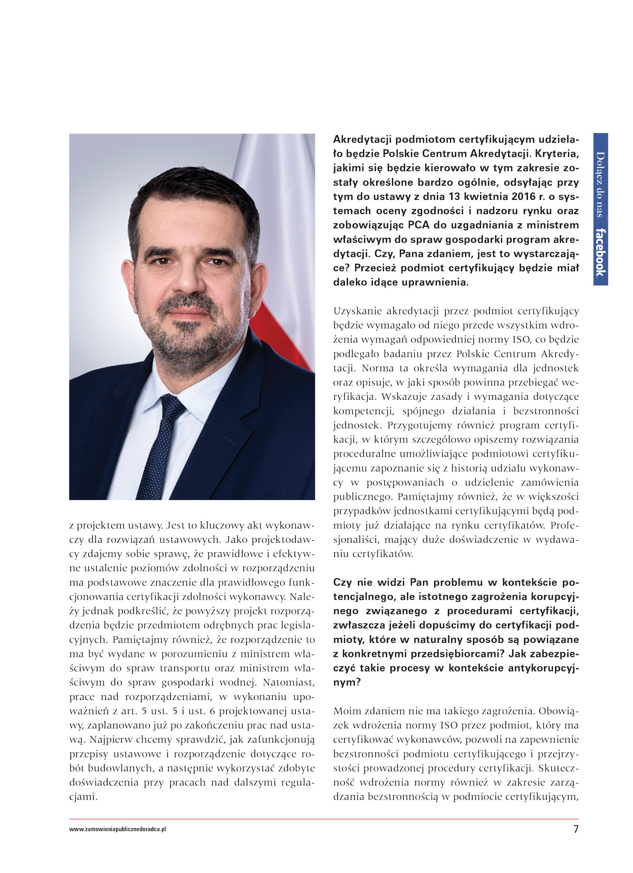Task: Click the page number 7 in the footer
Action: (576, 829)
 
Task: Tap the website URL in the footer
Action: (118, 829)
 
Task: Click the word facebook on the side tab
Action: (600, 252)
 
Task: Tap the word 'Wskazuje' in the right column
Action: (405, 397)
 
